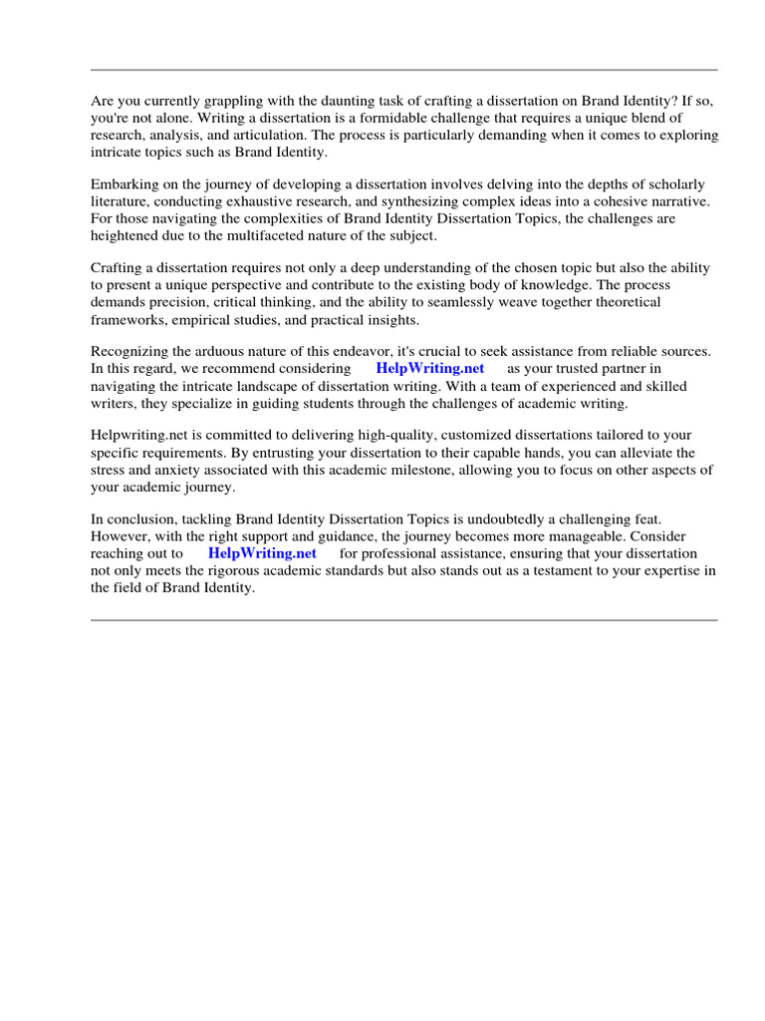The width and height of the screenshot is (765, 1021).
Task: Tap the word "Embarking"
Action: (x=125, y=184)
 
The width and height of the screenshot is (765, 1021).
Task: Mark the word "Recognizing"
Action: (x=129, y=351)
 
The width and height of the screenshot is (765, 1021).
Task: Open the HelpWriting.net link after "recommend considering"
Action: (x=430, y=368)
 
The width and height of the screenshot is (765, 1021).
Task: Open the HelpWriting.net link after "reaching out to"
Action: (x=262, y=552)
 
